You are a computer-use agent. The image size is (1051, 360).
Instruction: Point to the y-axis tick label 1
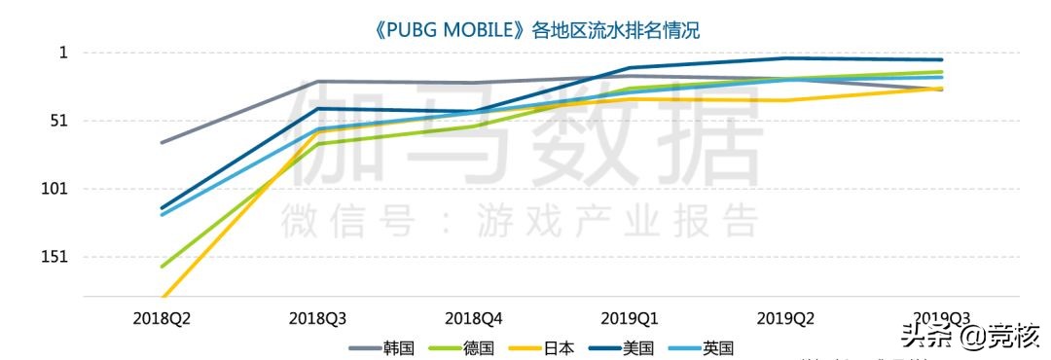pos(63,53)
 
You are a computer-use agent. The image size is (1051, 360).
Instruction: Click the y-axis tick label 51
pos(59,121)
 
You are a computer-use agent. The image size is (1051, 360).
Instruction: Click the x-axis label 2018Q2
pos(162,318)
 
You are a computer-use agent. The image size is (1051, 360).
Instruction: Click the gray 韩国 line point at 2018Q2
pos(162,142)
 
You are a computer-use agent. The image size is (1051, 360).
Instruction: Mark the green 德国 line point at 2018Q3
pos(318,144)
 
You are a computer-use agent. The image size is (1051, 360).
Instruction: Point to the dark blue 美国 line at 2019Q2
pos(785,58)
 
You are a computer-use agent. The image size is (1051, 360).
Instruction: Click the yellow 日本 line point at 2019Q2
pos(785,100)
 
